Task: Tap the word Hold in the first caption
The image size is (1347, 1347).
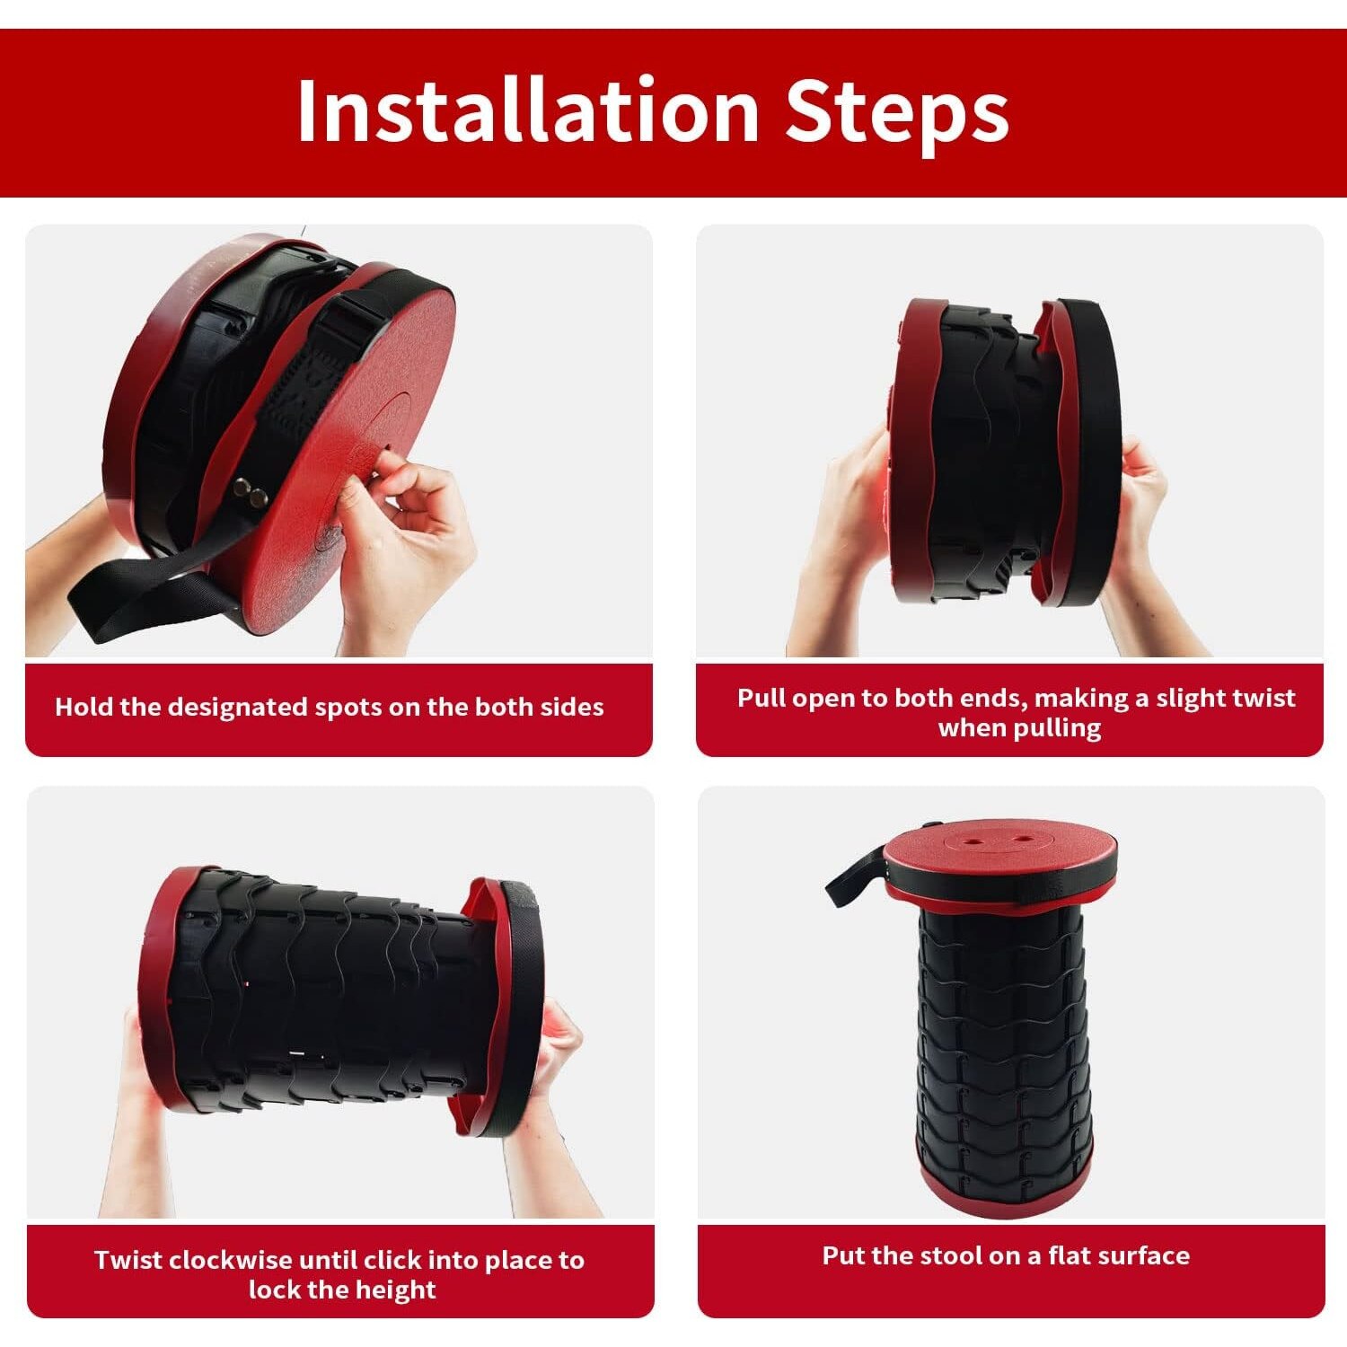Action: coord(84,707)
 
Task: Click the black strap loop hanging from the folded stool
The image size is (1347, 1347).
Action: coord(144,593)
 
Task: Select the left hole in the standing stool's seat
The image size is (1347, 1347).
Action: coord(974,840)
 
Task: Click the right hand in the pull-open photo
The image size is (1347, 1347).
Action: coord(1145,539)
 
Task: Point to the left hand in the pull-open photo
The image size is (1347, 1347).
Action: coord(844,539)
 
